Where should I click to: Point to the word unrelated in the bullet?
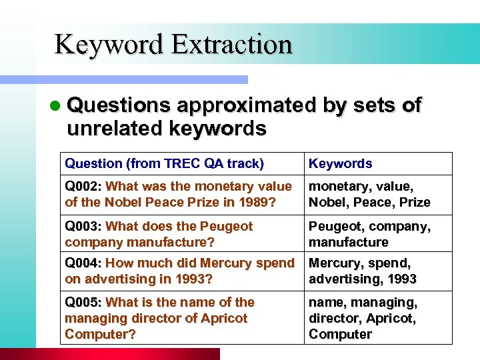(x=108, y=128)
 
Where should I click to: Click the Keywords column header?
(x=340, y=163)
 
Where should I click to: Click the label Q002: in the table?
(x=83, y=186)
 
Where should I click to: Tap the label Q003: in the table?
(x=83, y=226)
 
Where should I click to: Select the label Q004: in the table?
(x=83, y=263)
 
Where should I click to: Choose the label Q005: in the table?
(x=83, y=302)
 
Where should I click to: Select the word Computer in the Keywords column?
(x=340, y=334)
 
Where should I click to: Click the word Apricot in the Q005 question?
(x=223, y=318)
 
